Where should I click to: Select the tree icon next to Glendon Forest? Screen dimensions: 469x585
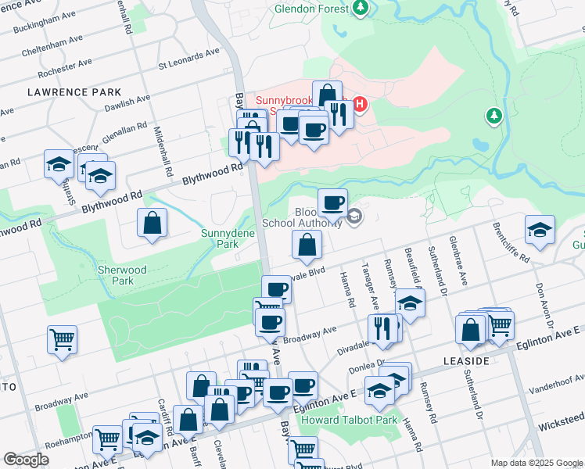click(360, 8)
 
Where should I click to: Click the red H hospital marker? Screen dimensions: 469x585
click(360, 103)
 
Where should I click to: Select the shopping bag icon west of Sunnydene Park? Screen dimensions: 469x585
click(152, 224)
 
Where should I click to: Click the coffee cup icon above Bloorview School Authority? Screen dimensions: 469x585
click(332, 202)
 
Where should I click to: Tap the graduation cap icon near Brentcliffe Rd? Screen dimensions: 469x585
click(540, 229)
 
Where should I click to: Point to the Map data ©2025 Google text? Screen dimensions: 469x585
click(536, 463)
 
